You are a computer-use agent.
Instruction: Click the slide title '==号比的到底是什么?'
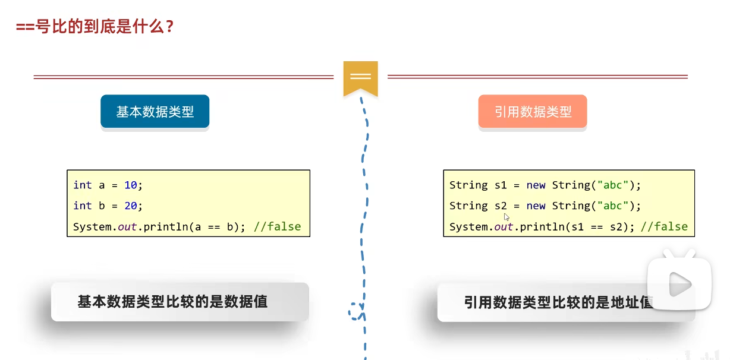coord(95,27)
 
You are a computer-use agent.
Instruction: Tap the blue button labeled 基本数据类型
coord(155,112)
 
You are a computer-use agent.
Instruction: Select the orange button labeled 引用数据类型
coord(533,112)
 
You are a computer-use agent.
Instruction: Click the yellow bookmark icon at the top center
coord(360,77)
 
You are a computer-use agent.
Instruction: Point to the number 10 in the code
coord(130,185)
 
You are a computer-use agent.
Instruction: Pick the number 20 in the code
coord(130,206)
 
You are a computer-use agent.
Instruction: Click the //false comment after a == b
coord(277,226)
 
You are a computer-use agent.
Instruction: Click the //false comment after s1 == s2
coord(663,226)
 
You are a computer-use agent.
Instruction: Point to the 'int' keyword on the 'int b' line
coord(82,206)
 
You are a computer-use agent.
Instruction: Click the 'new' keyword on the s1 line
coord(536,185)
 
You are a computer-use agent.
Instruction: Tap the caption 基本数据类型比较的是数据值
coord(172,302)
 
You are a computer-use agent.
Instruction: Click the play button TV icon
coord(679,283)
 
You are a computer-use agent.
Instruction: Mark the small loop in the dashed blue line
coord(357,310)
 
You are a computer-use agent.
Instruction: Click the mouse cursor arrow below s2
coord(506,217)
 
